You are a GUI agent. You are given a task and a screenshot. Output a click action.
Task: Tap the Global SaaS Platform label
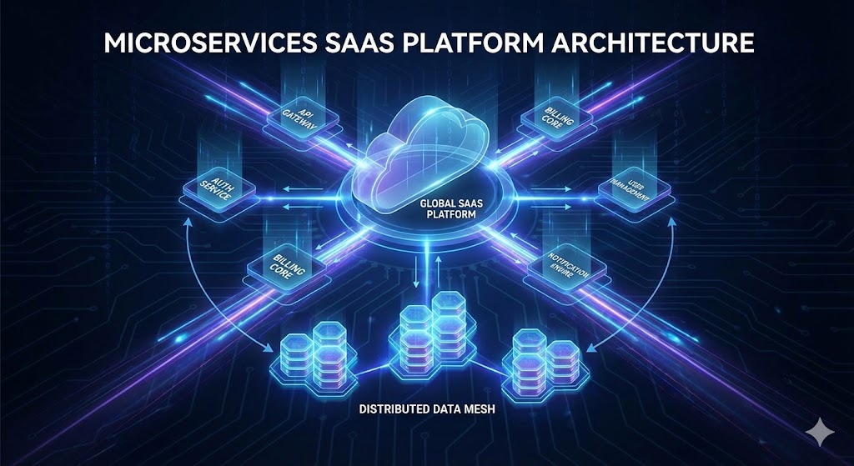point(447,208)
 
